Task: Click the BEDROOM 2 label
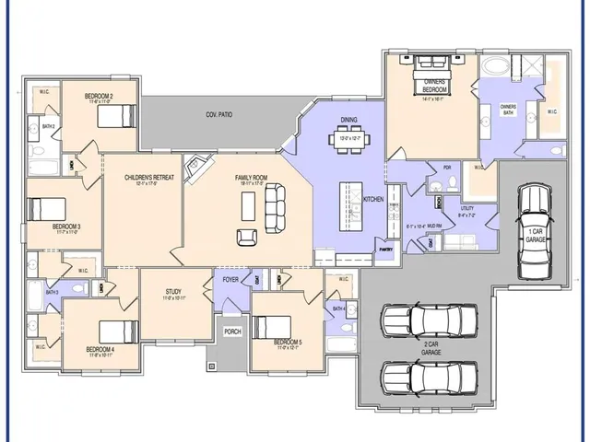click(99, 96)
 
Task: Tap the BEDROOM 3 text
click(66, 227)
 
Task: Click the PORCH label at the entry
click(232, 331)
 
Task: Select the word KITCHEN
click(373, 199)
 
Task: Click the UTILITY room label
click(467, 209)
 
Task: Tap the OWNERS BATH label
click(508, 107)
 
